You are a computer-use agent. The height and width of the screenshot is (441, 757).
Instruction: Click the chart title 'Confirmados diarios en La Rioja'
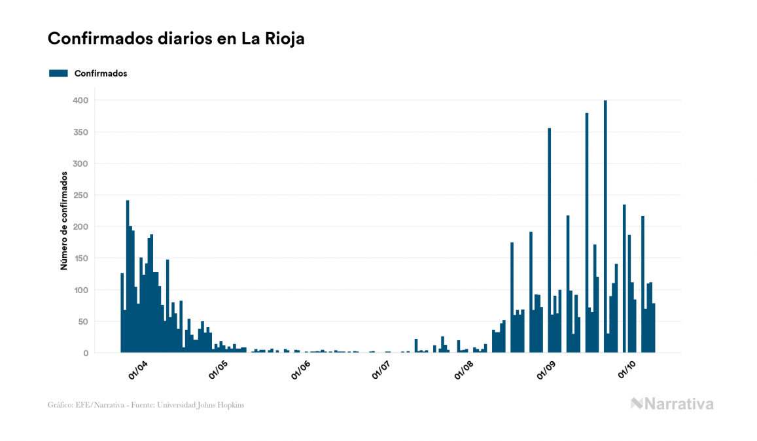(x=176, y=39)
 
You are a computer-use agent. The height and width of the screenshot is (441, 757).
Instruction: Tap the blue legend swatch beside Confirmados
(x=58, y=73)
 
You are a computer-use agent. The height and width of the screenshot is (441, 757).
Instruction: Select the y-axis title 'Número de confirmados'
(x=64, y=221)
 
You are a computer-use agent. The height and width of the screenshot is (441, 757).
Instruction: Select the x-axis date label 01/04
(x=138, y=370)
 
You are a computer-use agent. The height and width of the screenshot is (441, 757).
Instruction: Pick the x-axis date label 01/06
(x=300, y=370)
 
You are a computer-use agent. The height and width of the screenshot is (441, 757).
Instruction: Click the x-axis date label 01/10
(x=627, y=370)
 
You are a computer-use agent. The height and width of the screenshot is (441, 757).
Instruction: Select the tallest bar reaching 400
(x=605, y=226)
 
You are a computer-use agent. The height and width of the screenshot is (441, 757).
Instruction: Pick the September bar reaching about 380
(x=587, y=233)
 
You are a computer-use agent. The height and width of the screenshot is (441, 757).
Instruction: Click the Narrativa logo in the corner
(x=672, y=404)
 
